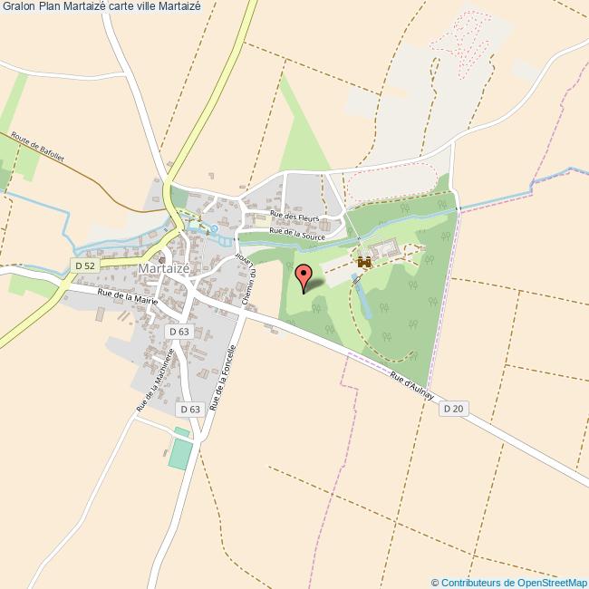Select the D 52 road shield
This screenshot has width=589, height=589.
(x=84, y=266)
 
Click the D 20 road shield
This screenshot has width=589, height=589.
(x=453, y=410)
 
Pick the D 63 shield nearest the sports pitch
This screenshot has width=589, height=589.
(x=189, y=410)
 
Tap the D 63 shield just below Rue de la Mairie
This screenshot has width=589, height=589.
(x=179, y=332)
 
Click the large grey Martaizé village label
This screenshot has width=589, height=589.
(x=164, y=269)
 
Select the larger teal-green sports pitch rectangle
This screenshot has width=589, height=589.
(x=180, y=453)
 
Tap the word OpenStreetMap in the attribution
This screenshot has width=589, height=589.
(x=547, y=582)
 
